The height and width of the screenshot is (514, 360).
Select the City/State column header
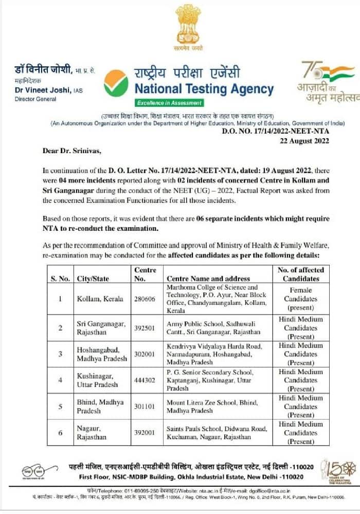93,279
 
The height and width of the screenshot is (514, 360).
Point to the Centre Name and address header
208,279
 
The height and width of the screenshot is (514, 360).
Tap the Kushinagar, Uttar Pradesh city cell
98,380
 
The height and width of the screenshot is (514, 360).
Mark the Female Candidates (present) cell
300,299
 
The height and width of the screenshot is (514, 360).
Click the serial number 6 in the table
60,432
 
